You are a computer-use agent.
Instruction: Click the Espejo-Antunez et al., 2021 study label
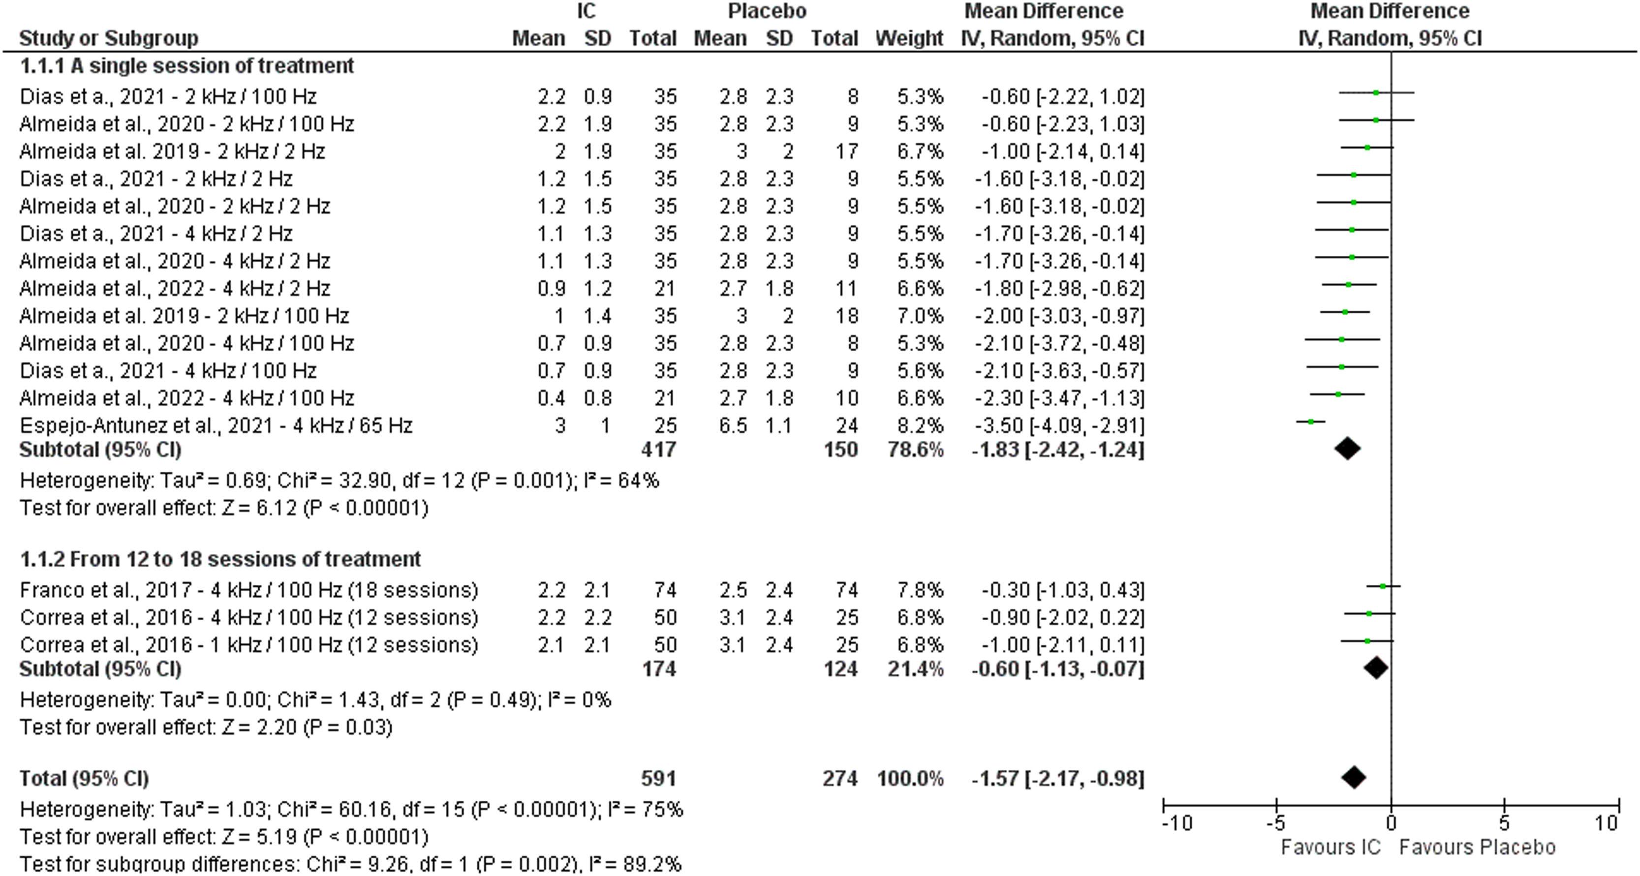[x=216, y=425]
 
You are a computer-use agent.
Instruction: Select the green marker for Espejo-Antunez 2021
[x=1311, y=422]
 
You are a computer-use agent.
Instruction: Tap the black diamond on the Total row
[x=1354, y=777]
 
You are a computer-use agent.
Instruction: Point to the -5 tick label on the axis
[x=1275, y=823]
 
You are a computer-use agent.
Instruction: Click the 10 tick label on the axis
[x=1606, y=823]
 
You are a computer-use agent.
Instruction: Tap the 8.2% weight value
[x=920, y=425]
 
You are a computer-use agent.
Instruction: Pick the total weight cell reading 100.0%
[x=910, y=779]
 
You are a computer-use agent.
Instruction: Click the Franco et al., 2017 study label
[x=248, y=590]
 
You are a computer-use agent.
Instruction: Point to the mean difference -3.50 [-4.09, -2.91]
[x=1058, y=425]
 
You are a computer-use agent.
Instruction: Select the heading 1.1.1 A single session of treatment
[x=186, y=65]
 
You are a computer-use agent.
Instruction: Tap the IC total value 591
[x=658, y=779]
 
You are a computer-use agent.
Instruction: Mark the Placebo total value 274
[x=840, y=779]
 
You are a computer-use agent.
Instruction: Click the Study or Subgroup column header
[x=108, y=38]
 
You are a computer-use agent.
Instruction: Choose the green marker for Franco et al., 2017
[x=1383, y=586]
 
